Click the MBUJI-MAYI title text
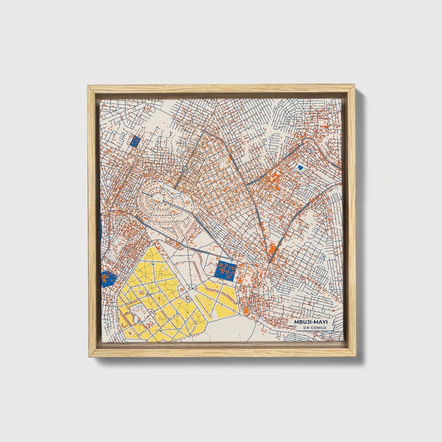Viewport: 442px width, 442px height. point(310,322)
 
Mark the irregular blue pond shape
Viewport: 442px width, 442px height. point(300,168)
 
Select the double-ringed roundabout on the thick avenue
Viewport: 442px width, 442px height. point(185,169)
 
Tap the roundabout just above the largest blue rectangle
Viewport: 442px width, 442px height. point(232,259)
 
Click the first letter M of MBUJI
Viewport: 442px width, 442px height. point(297,322)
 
